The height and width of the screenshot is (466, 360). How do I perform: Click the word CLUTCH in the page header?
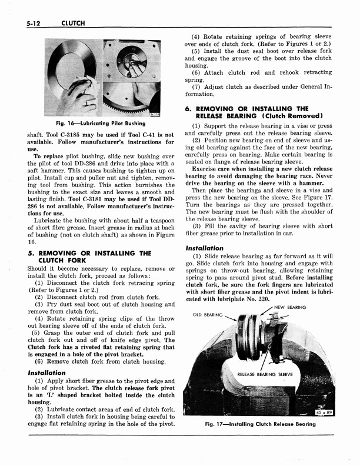click(x=73, y=23)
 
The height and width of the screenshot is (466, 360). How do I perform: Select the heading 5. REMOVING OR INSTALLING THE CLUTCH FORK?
click(x=88, y=256)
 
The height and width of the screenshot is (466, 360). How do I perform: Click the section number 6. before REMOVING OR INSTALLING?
click(x=189, y=108)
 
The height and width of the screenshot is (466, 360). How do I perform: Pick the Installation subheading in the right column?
click(x=204, y=248)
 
